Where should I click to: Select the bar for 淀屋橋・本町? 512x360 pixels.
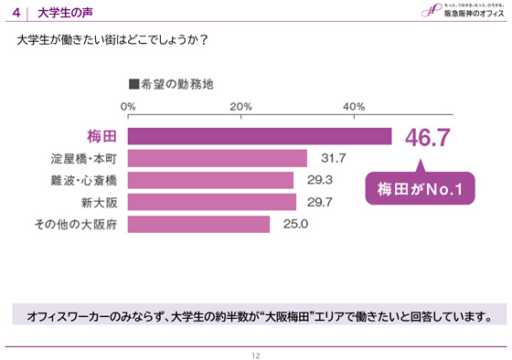(x=217, y=157)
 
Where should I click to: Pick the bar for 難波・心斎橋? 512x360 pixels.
(x=210, y=178)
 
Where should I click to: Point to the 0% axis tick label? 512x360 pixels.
(x=129, y=108)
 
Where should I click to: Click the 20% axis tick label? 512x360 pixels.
(x=240, y=108)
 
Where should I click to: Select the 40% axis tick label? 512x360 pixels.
(x=354, y=108)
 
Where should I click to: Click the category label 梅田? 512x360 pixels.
(x=98, y=136)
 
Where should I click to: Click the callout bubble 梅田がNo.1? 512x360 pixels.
(x=420, y=190)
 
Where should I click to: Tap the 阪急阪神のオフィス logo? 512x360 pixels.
(x=462, y=11)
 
